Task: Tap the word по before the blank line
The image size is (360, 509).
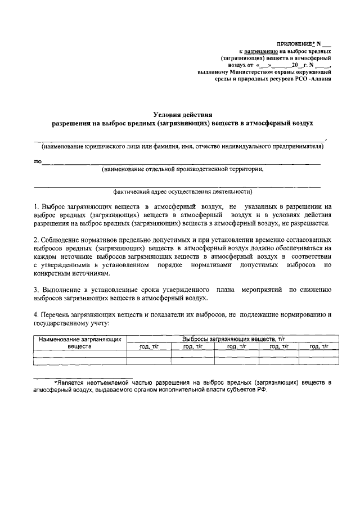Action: click(38, 161)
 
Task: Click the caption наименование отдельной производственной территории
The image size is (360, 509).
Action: click(182, 169)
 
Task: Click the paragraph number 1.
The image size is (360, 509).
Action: click(35, 207)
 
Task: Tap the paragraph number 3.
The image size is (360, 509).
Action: click(35, 289)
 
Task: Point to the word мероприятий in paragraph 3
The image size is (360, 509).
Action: click(261, 289)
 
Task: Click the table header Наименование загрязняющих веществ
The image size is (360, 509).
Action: click(80, 343)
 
